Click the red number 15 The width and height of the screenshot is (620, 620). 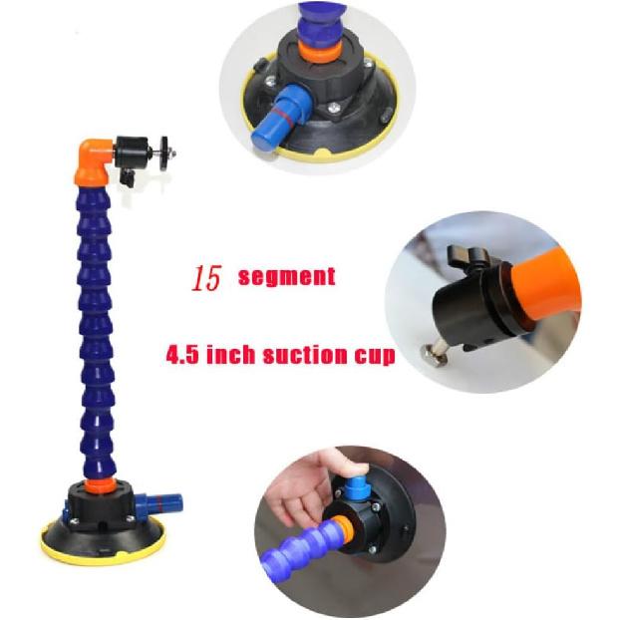(207, 279)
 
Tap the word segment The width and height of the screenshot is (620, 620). (287, 276)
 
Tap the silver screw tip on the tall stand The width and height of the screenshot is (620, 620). (175, 153)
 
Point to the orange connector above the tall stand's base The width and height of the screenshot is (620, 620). (97, 485)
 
